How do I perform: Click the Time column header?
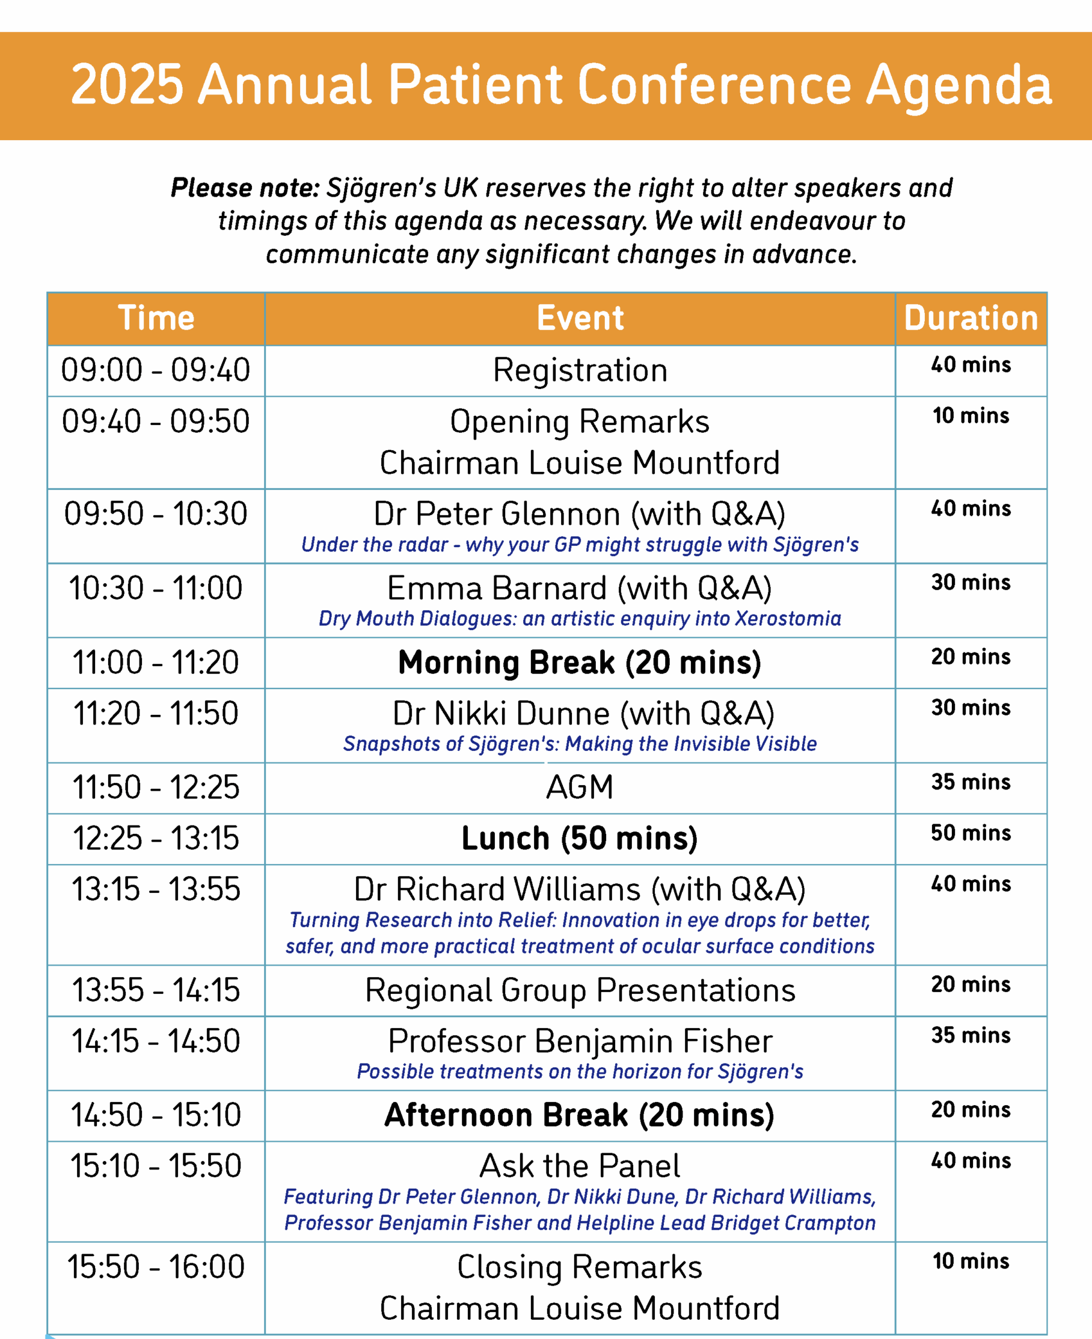click(x=156, y=318)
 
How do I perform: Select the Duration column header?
click(x=971, y=318)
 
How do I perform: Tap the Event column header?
click(x=580, y=318)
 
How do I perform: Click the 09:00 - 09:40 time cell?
click(x=155, y=370)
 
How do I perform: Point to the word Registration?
click(x=580, y=370)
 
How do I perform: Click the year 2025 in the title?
click(x=127, y=84)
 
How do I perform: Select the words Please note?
click(x=245, y=188)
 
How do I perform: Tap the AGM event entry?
click(x=579, y=788)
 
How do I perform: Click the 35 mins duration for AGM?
click(x=971, y=782)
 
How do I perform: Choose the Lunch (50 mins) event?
click(x=579, y=838)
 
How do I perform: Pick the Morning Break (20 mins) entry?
click(x=579, y=663)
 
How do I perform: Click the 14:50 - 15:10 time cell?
click(x=155, y=1115)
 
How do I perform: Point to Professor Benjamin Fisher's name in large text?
click(x=580, y=1041)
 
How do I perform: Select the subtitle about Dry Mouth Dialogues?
click(x=579, y=619)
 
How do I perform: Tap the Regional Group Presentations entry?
click(x=580, y=990)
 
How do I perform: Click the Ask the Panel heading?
click(x=579, y=1166)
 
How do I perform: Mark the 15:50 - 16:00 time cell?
click(x=155, y=1267)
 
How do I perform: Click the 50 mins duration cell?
click(x=971, y=833)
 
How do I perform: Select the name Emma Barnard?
click(x=497, y=589)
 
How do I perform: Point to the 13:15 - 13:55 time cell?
click(x=155, y=889)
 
